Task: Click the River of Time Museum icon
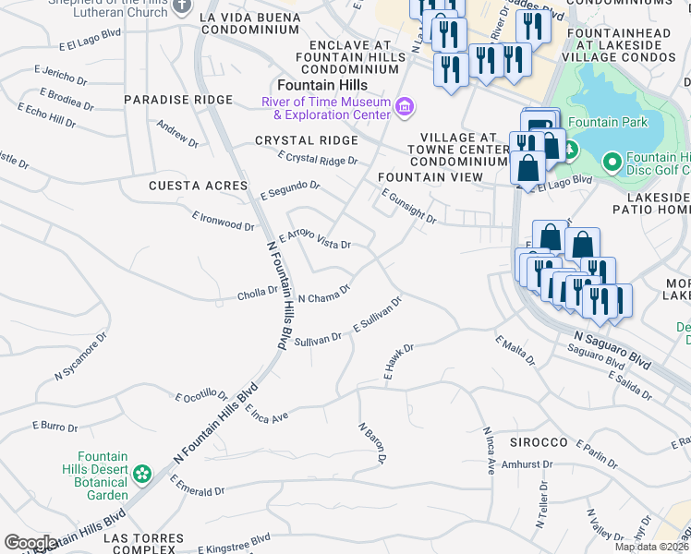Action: (x=403, y=108)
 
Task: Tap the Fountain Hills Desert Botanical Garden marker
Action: (x=141, y=475)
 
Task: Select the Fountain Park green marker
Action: (x=570, y=148)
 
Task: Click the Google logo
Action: (x=30, y=543)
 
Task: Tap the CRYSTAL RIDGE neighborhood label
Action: (x=307, y=140)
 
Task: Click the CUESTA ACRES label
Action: (x=199, y=186)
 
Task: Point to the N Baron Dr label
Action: (x=371, y=442)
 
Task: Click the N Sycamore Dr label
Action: (x=80, y=356)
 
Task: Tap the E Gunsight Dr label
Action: (x=408, y=206)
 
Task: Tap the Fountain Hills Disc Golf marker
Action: (x=612, y=163)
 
